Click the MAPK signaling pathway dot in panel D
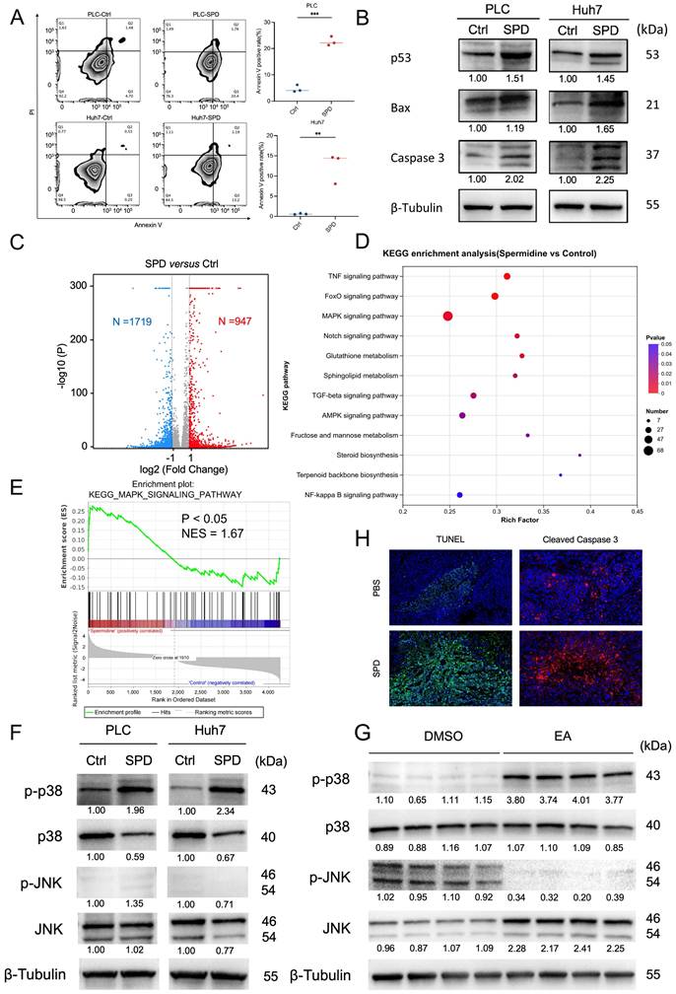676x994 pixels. click(447, 316)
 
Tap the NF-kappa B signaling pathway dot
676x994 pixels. click(459, 494)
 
